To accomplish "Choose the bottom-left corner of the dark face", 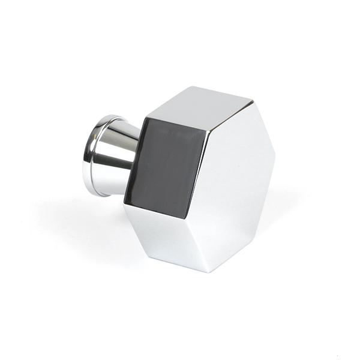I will tap(125, 203).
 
